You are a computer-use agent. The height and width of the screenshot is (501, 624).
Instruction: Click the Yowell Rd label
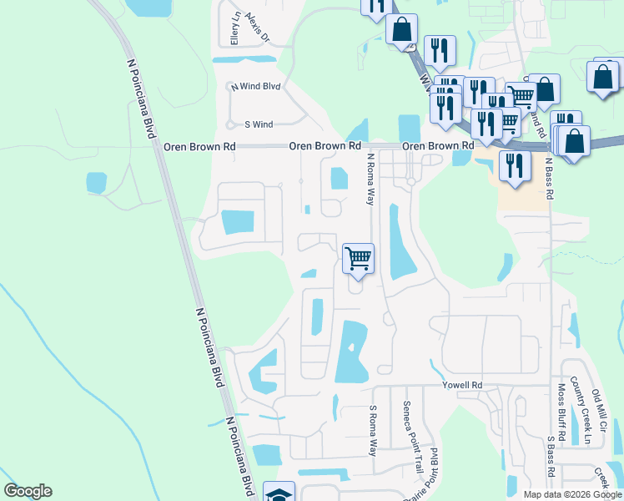tap(465, 386)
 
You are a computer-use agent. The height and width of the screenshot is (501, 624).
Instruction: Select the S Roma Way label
tap(373, 431)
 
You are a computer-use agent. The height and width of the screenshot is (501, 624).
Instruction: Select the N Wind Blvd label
tap(256, 86)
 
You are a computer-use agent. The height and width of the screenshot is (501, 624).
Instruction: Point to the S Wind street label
tap(259, 124)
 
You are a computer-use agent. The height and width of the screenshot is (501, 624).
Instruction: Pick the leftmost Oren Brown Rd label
tap(199, 146)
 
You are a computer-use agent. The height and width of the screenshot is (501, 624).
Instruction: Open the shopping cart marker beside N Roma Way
tap(358, 258)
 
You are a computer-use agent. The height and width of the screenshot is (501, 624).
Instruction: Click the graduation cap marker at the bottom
tap(279, 494)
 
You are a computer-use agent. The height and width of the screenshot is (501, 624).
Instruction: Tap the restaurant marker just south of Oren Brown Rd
tap(515, 165)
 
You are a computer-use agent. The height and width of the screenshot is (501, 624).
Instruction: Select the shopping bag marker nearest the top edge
tap(401, 29)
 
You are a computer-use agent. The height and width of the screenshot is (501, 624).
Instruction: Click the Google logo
tap(28, 491)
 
